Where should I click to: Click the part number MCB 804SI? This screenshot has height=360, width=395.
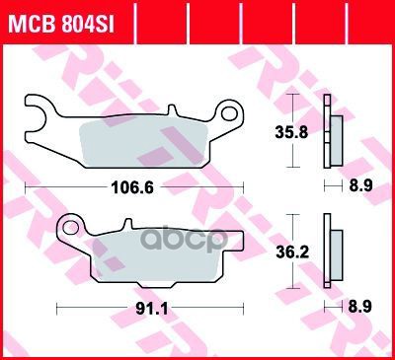[x=61, y=24]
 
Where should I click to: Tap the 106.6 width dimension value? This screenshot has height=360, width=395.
[x=132, y=188]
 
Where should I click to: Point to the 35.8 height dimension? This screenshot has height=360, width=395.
[x=291, y=132]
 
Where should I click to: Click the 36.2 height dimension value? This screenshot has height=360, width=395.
[x=292, y=252]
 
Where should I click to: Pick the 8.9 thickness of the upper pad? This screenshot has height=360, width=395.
[x=360, y=186]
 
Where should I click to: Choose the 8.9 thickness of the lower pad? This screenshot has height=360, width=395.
[x=359, y=307]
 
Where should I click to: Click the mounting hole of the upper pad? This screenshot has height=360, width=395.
[x=228, y=113]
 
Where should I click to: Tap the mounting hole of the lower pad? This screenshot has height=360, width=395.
[x=70, y=228]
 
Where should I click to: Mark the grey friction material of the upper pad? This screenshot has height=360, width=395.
[x=143, y=143]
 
